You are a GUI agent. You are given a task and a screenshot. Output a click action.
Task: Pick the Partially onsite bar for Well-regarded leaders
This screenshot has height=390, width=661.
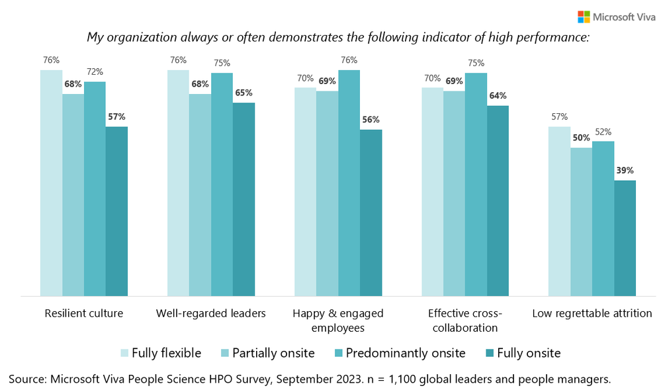pyautogui.click(x=200, y=195)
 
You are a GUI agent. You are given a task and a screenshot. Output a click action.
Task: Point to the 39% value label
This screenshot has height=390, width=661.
pyautogui.click(x=625, y=171)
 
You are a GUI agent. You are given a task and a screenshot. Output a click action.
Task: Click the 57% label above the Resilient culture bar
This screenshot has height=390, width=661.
pyautogui.click(x=116, y=117)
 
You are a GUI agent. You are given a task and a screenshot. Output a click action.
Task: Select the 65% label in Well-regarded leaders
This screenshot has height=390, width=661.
pyautogui.click(x=243, y=93)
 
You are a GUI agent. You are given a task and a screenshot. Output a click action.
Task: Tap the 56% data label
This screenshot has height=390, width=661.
pyautogui.click(x=371, y=120)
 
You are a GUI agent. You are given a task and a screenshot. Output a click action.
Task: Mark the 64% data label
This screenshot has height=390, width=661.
pyautogui.click(x=498, y=96)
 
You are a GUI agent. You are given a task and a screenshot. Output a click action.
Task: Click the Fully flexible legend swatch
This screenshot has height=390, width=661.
pyautogui.click(x=124, y=353)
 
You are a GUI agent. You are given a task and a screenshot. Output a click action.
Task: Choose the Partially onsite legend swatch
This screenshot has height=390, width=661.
pyautogui.click(x=224, y=353)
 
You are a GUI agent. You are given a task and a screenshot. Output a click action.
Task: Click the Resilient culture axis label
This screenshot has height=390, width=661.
pyautogui.click(x=83, y=313)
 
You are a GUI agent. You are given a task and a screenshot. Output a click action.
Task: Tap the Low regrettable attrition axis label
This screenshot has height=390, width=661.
pyautogui.click(x=592, y=313)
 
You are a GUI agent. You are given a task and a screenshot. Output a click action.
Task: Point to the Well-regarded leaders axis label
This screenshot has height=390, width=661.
pyautogui.click(x=210, y=313)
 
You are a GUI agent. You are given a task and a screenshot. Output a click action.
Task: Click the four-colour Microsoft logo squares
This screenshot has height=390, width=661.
pyautogui.click(x=584, y=17)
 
